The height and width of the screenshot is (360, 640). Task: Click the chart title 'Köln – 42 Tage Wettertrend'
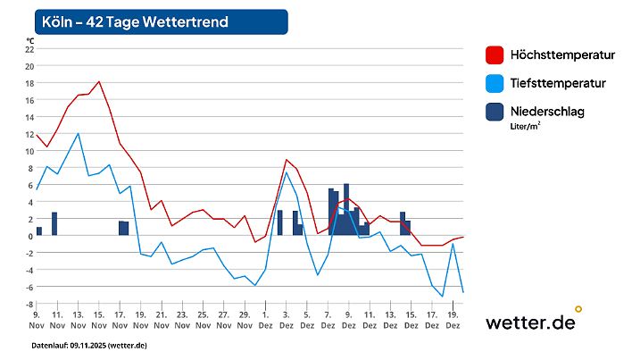click(x=135, y=21)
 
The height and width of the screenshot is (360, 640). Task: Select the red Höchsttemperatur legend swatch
click(x=494, y=55)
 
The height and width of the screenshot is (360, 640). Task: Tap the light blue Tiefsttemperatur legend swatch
click(x=494, y=83)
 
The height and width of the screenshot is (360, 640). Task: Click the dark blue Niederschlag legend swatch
click(x=494, y=112)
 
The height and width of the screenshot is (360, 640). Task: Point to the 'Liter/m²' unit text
click(x=526, y=127)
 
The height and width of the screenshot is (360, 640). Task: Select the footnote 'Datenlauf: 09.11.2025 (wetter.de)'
click(x=89, y=345)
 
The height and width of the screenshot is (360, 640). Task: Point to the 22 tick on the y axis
click(x=29, y=49)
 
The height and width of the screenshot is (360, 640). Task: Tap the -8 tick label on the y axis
click(x=29, y=304)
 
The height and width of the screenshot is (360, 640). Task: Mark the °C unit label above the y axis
click(x=30, y=40)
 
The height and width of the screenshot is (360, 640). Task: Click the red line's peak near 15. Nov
click(x=99, y=81)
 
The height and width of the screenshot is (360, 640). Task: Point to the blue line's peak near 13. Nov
click(x=79, y=133)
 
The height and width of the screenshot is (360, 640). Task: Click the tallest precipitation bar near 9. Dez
click(x=346, y=209)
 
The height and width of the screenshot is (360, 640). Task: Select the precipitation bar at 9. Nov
click(x=39, y=231)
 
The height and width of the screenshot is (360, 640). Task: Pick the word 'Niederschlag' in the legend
click(x=548, y=111)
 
